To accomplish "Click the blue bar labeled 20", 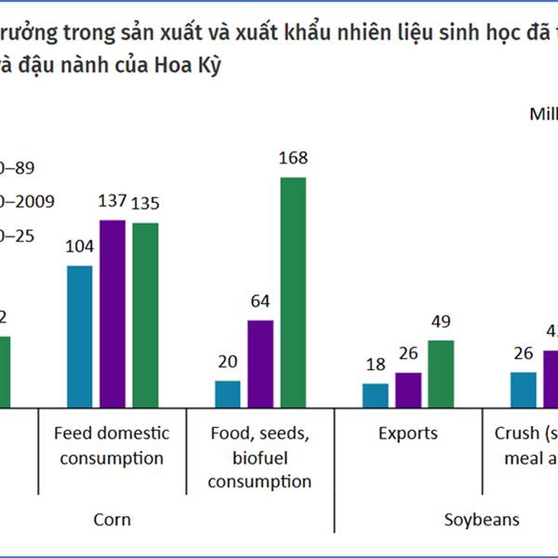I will point(228,394).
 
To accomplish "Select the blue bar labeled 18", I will point(375,395).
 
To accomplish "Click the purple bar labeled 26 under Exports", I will point(407,390).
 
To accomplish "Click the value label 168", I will point(293,158).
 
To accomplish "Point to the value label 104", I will point(79,247).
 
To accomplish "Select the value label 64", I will point(260,301).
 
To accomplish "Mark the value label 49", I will point(441,322).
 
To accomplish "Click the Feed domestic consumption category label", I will point(112,445).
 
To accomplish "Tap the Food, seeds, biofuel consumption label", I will point(259,458).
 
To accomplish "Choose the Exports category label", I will point(407,433).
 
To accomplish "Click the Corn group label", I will point(112,519).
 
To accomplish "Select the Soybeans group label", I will point(480,519).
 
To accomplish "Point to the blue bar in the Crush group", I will point(524,390).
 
